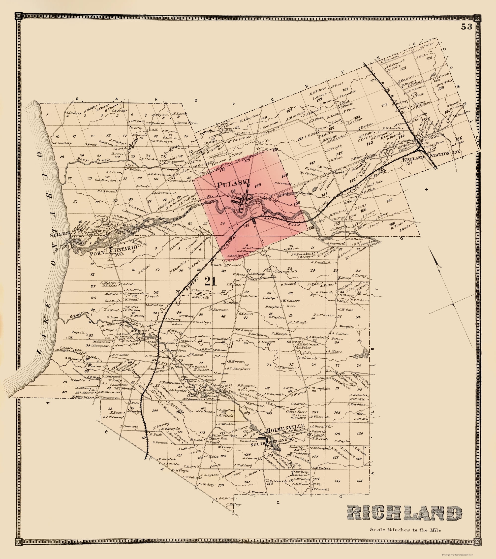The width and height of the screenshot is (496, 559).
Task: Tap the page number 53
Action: coord(466,27)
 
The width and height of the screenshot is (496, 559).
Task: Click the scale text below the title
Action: coord(405,538)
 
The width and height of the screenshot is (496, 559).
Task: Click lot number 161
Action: coord(389,200)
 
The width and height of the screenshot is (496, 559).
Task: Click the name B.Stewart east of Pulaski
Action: coord(283,184)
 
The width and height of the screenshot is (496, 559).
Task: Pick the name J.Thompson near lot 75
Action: coord(286,368)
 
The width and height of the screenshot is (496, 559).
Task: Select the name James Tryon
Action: coord(187,123)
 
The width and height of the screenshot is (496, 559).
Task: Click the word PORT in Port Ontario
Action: coord(98,253)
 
